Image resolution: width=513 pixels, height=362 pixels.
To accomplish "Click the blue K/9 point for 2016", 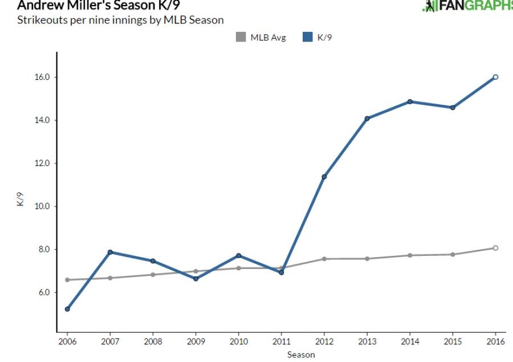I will (495, 77).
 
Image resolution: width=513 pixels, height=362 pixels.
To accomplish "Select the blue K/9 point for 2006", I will (67, 309).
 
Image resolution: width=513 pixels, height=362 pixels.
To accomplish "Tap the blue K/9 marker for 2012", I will (324, 177).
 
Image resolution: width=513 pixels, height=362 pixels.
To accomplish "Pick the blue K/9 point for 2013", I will (367, 119).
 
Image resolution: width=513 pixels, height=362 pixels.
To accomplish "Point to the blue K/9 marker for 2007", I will (110, 252).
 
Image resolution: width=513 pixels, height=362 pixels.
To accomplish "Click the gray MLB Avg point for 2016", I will (495, 248).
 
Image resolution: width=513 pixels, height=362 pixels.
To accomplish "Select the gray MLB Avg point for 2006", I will (67, 280).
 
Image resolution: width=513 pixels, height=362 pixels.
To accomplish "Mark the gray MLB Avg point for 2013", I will (367, 259).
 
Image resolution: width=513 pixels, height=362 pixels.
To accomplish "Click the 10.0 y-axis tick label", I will (44, 206).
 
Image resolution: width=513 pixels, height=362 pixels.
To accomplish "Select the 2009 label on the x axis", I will (196, 341).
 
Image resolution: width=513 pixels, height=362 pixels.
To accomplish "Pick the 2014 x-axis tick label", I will (410, 341).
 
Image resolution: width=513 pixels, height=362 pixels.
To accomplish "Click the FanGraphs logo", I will (467, 6).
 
